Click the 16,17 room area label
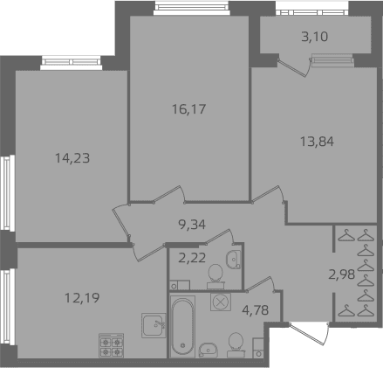(x=188, y=109)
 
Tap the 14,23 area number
(x=72, y=158)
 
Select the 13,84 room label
(x=317, y=142)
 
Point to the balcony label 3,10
(x=315, y=37)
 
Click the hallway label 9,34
(x=192, y=225)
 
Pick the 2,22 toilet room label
(x=192, y=258)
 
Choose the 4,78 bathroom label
(x=255, y=310)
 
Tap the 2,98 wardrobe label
(x=342, y=274)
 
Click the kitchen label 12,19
(x=82, y=298)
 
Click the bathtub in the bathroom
(x=182, y=326)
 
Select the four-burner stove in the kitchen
(x=112, y=345)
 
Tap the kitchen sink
(x=154, y=325)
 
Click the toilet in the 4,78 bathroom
(x=236, y=345)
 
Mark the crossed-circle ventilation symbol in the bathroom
(x=221, y=302)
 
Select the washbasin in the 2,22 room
(x=234, y=260)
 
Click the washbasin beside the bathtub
(x=208, y=350)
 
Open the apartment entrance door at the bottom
(x=310, y=334)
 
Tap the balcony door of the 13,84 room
(x=294, y=67)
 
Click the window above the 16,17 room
(x=191, y=8)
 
